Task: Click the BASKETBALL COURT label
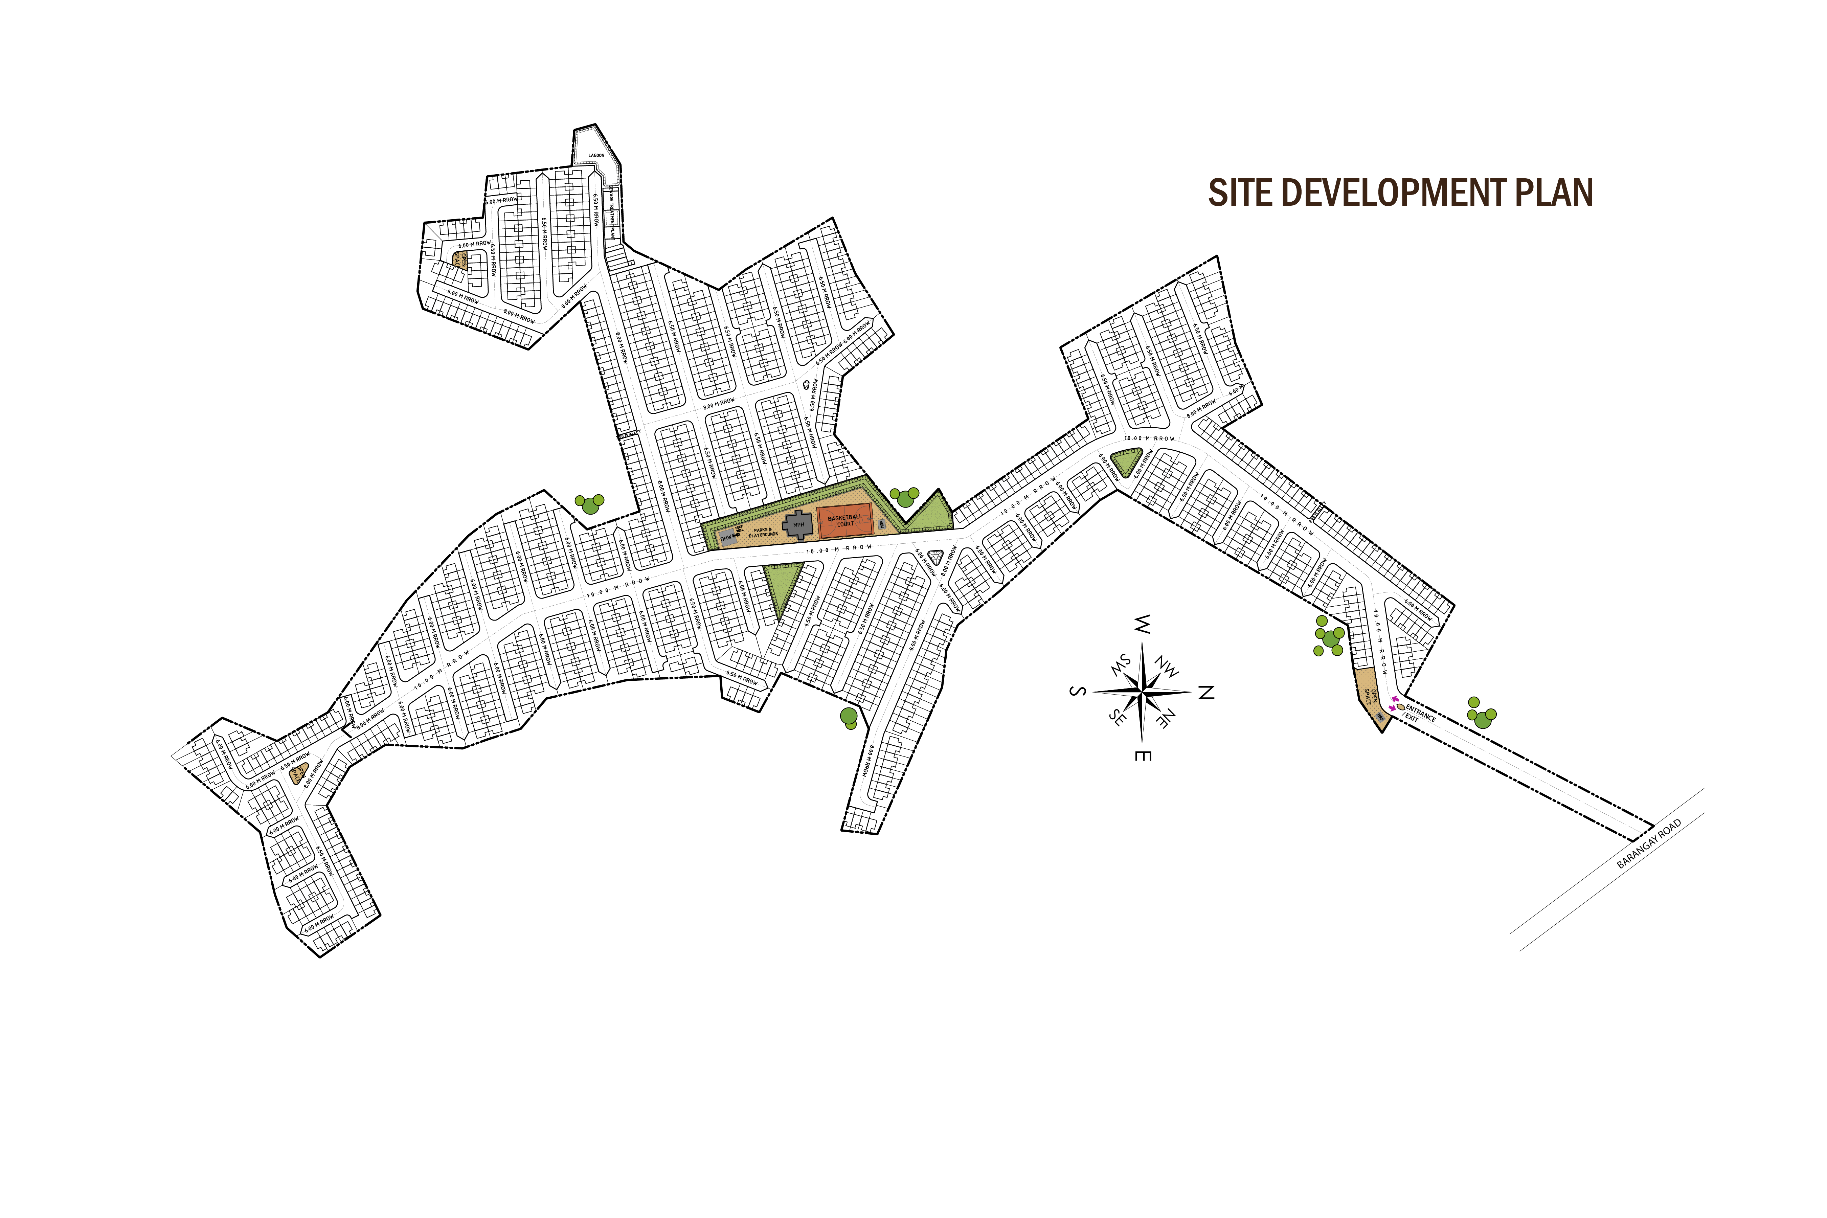[844, 520]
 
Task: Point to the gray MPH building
[798, 525]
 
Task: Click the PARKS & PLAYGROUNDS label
[763, 533]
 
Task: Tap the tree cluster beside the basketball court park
[904, 497]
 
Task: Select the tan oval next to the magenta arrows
[1401, 707]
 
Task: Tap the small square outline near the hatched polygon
[611, 218]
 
